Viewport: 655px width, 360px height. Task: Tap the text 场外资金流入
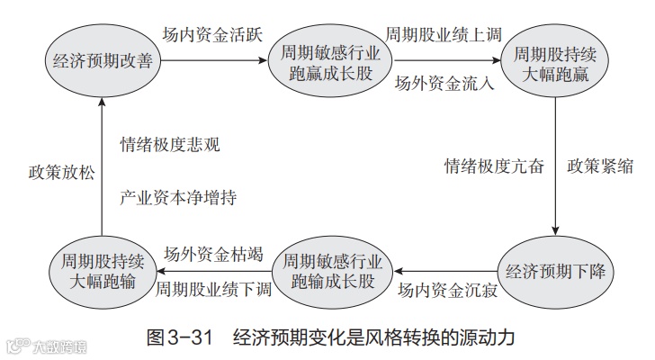click(x=444, y=85)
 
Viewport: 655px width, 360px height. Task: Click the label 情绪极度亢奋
click(x=494, y=166)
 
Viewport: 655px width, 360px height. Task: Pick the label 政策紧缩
click(x=599, y=166)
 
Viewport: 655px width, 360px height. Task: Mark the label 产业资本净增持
click(x=178, y=195)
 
